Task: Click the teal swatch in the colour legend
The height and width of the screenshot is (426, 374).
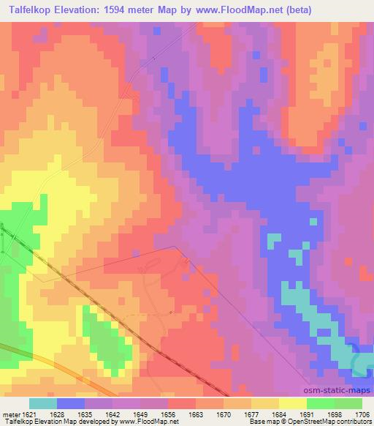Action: coord(43,403)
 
